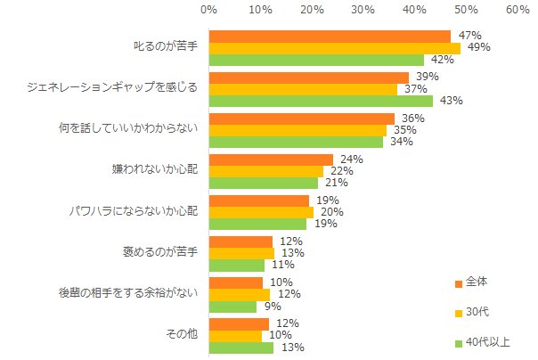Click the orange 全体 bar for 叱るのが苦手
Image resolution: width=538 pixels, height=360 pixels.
[330, 37]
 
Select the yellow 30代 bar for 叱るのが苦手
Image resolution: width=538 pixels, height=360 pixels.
[335, 48]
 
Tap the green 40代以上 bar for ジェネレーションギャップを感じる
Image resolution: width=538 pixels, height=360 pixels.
[320, 101]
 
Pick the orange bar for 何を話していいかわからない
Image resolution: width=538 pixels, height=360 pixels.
[301, 119]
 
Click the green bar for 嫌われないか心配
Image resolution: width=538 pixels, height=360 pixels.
[263, 183]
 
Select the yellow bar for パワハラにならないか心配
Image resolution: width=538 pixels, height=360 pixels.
[261, 212]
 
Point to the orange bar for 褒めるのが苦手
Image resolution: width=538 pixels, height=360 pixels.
[240, 241]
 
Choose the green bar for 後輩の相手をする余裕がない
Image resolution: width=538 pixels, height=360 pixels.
[232, 306]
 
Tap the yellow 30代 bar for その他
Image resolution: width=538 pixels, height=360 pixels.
[235, 335]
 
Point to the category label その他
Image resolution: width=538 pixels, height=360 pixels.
[182, 335]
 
